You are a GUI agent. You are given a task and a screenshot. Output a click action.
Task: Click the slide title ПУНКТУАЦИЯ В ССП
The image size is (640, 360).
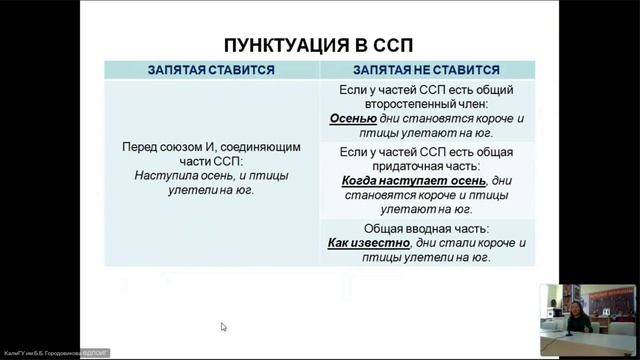[x=317, y=46]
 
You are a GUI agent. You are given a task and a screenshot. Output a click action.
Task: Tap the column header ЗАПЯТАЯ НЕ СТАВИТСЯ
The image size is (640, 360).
[x=426, y=70]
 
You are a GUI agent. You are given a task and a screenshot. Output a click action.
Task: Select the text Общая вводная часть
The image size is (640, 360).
[x=426, y=227]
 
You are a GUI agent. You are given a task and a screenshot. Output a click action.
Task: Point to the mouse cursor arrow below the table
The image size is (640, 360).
[x=223, y=326]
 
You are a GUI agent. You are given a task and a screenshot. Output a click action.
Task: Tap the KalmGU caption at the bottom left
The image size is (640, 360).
[x=56, y=354]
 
